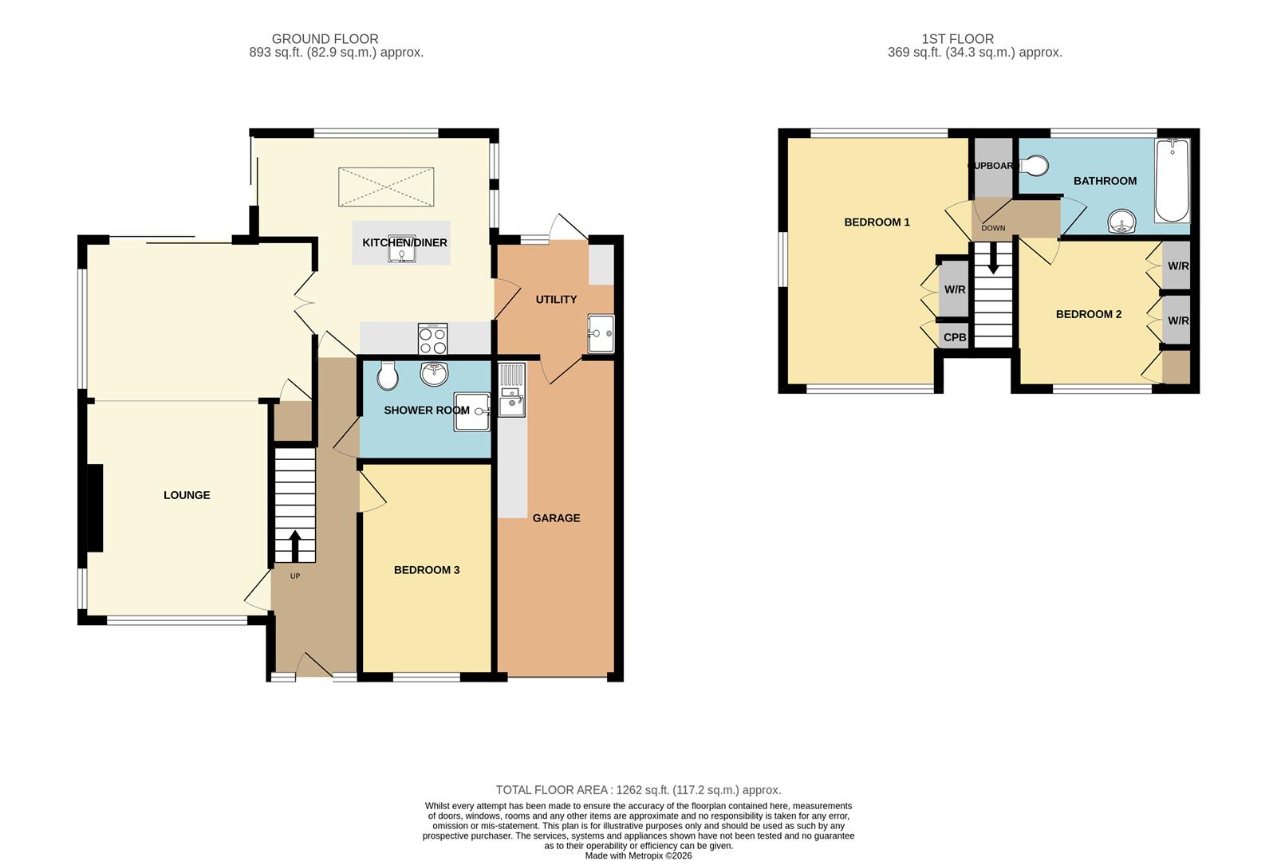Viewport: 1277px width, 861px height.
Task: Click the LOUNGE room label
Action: pyautogui.click(x=187, y=495)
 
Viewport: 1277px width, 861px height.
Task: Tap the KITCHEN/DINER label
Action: pyautogui.click(x=404, y=242)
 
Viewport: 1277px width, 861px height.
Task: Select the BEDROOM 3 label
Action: pyautogui.click(x=427, y=570)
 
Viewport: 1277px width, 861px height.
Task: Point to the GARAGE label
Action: pyautogui.click(x=556, y=518)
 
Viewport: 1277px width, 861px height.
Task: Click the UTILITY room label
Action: pyautogui.click(x=556, y=300)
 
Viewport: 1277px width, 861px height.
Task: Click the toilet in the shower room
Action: pyautogui.click(x=388, y=375)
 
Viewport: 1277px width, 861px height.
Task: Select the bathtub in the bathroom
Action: pyautogui.click(x=1172, y=182)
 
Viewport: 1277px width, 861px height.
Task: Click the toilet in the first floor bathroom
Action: pyautogui.click(x=1034, y=166)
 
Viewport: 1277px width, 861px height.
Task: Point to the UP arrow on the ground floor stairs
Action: pyautogui.click(x=294, y=547)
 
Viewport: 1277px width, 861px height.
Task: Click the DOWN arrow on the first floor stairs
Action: pyautogui.click(x=993, y=258)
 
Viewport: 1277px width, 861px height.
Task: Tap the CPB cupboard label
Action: pyautogui.click(x=955, y=337)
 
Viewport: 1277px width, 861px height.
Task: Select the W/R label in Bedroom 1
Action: pyautogui.click(x=955, y=289)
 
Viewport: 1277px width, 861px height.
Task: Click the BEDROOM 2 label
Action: pyautogui.click(x=1088, y=314)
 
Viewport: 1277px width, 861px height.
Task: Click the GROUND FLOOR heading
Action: pyautogui.click(x=325, y=38)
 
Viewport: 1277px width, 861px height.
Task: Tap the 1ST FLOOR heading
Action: pyautogui.click(x=957, y=38)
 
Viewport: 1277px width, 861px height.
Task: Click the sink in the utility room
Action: pyautogui.click(x=601, y=333)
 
